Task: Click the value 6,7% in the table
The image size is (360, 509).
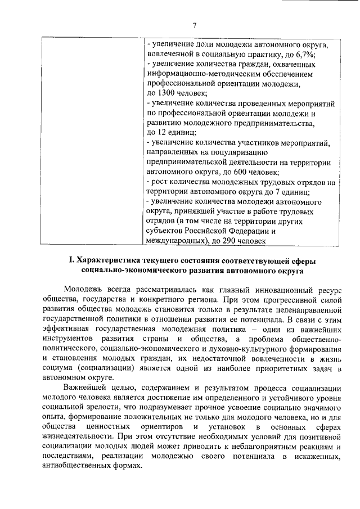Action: pos(304,54)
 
